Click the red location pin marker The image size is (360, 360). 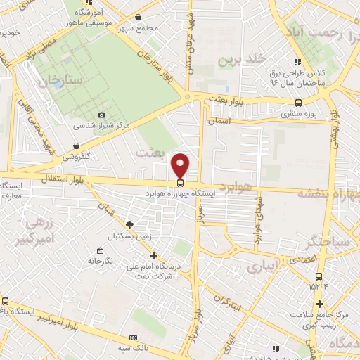(181, 165)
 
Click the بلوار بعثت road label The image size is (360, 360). (228, 101)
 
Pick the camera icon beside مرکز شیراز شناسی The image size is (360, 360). (102, 115)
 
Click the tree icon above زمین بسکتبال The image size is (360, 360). (129, 225)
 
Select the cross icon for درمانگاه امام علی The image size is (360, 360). (153, 255)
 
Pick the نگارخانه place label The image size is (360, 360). (100, 261)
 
